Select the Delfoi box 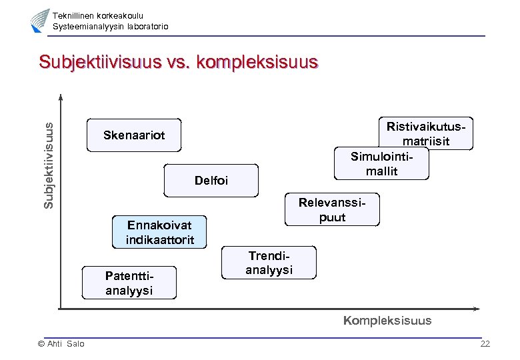(x=210, y=181)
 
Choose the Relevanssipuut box (x=332, y=210)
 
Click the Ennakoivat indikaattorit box (x=160, y=232)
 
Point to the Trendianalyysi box (x=269, y=263)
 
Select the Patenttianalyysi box (x=129, y=283)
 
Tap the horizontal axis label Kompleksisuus (x=387, y=321)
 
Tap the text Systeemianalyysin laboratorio (x=111, y=27)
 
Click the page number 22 (x=485, y=344)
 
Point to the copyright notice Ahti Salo (x=61, y=344)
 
